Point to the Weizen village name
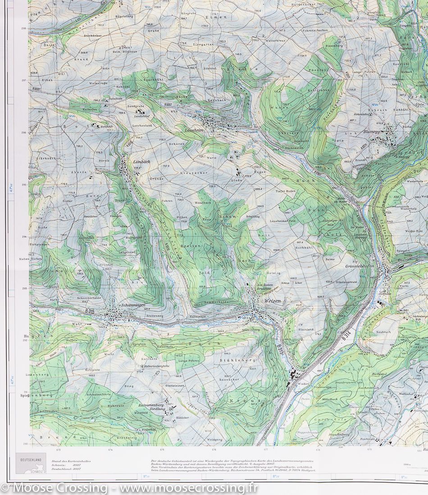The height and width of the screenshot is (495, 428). coord(273,301)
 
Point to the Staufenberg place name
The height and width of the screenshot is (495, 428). coord(339,435)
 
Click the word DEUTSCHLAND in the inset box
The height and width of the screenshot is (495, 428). coord(31,459)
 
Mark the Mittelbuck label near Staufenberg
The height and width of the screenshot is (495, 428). coord(330,399)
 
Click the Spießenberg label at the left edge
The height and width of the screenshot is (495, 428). coord(40,395)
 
